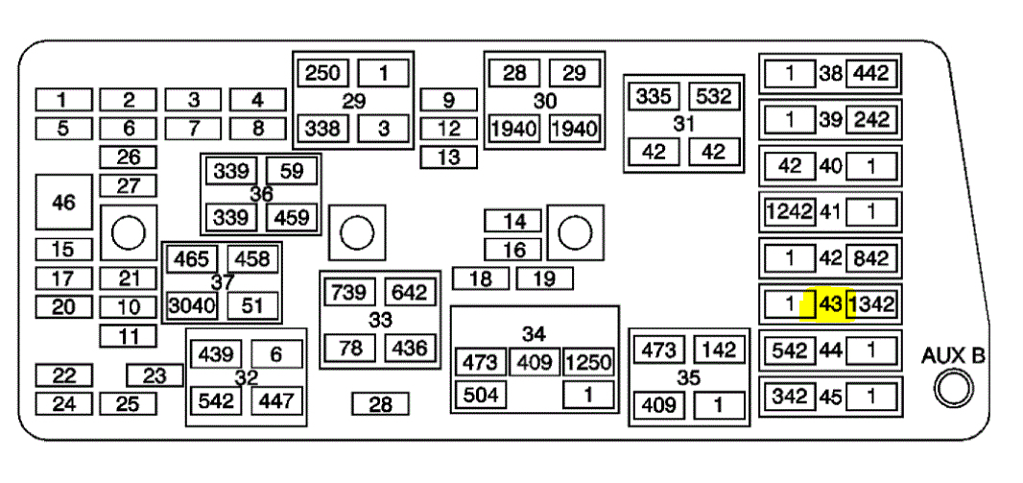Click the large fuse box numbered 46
[63, 203]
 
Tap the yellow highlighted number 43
[830, 305]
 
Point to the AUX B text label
[953, 355]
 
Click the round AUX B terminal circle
[954, 389]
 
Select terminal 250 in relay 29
[323, 73]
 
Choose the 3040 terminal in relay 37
[192, 305]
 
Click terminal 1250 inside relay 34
[588, 362]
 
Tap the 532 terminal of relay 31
[714, 97]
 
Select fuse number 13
[448, 157]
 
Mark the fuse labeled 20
[63, 307]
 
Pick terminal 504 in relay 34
[482, 394]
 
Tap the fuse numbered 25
[128, 403]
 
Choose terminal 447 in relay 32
[277, 399]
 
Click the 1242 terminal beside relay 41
[790, 211]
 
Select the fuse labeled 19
[544, 279]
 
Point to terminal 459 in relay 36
[291, 217]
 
